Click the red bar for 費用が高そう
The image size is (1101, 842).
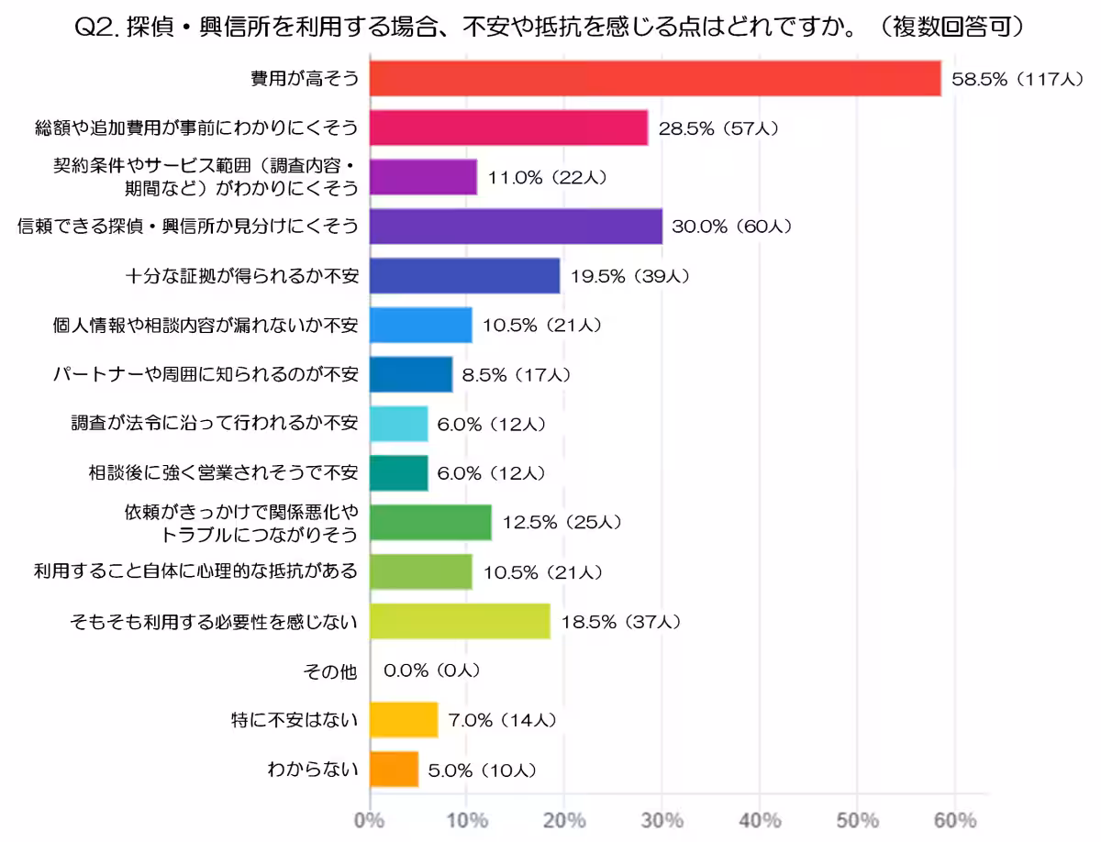click(x=655, y=78)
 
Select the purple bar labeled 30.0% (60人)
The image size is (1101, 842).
click(x=516, y=226)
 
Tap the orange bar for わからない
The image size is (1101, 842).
click(x=394, y=770)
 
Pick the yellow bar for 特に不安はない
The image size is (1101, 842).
click(x=404, y=720)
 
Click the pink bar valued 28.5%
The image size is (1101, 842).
click(x=508, y=127)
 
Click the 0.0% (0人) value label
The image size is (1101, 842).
click(x=431, y=671)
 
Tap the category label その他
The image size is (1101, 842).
click(x=329, y=671)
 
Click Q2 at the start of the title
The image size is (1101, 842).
click(x=93, y=28)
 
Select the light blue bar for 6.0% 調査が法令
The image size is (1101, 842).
click(x=398, y=423)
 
